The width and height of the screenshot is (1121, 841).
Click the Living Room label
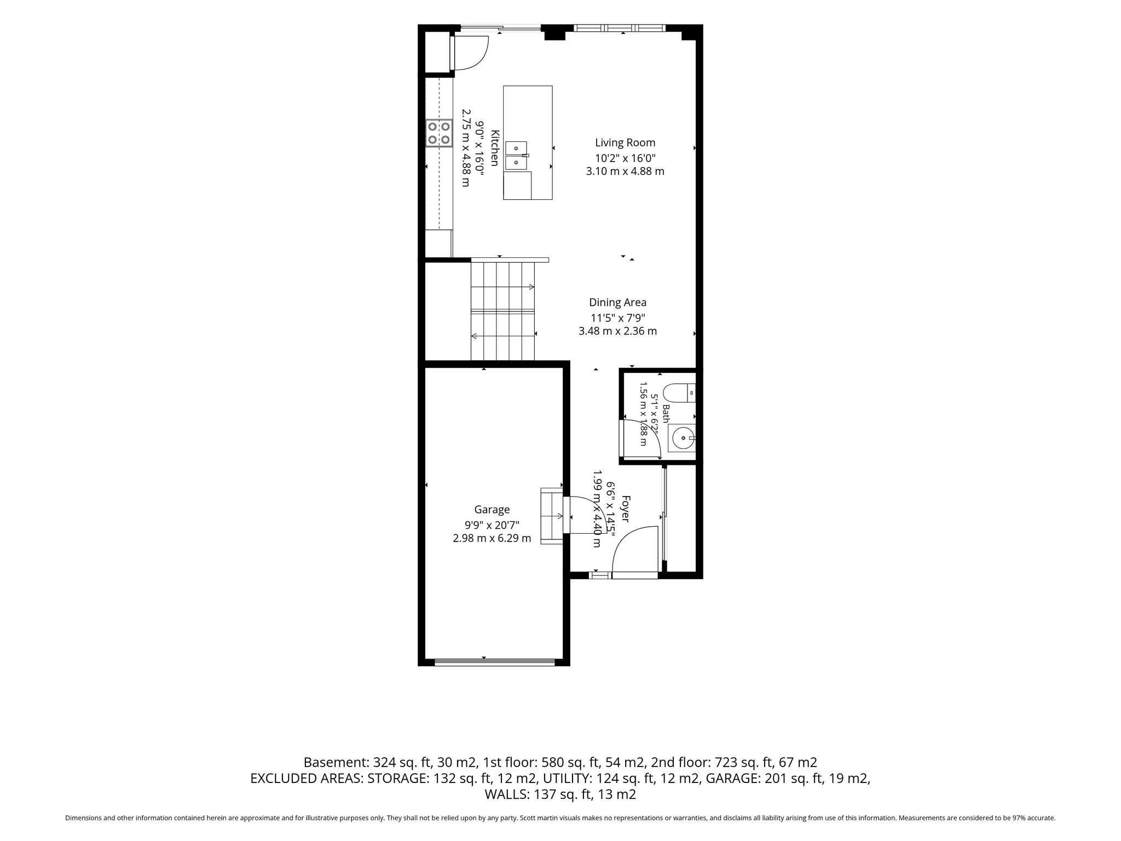coord(625,143)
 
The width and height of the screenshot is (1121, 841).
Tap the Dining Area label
coord(617,302)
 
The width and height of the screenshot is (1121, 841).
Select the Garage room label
coord(492,510)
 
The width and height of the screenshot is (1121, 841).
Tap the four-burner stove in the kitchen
coord(440,133)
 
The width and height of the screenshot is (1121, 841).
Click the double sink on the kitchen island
coord(517,155)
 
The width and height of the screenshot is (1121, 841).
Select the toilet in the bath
coord(679,393)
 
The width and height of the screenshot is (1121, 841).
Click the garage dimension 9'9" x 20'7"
coord(492,525)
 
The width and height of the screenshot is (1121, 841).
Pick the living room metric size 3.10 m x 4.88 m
coord(625,171)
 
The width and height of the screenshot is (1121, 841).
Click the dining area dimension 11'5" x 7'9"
coord(617,318)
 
